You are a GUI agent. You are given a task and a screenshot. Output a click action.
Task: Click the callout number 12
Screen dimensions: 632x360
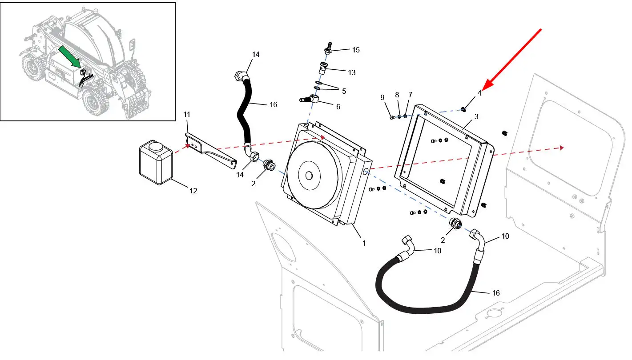coord(193,191)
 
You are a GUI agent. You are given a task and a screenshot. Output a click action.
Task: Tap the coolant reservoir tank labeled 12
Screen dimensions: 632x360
coord(156,162)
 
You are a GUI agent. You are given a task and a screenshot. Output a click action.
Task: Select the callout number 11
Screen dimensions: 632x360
coord(187,115)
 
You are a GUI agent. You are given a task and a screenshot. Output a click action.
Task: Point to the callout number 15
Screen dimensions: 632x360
coord(356,50)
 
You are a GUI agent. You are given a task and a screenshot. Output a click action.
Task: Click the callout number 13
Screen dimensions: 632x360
coord(351,73)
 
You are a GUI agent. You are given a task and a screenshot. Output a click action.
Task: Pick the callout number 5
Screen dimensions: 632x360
coord(344,92)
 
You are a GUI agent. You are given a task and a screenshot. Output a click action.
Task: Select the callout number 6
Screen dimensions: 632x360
coord(338,107)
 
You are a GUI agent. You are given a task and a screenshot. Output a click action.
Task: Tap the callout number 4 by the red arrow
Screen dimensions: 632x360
coord(479,93)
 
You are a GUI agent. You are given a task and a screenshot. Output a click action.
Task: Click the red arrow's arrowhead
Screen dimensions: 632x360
coord(488,84)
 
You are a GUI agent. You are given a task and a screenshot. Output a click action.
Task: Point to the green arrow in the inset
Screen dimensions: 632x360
coord(70,57)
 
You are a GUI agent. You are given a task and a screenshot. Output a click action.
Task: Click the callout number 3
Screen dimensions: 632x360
coord(476,117)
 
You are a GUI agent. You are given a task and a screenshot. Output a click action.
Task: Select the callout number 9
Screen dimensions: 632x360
coord(382,97)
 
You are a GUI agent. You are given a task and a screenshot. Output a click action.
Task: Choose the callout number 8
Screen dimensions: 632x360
coord(397,95)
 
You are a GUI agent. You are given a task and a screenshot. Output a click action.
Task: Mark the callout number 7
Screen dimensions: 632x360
coord(410,95)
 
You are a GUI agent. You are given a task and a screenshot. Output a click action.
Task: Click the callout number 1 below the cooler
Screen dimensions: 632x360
coord(364,243)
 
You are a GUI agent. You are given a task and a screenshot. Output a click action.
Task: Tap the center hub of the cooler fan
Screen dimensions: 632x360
coord(309,176)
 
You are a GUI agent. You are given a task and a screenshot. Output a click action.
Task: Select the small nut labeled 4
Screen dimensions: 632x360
coord(463,109)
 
